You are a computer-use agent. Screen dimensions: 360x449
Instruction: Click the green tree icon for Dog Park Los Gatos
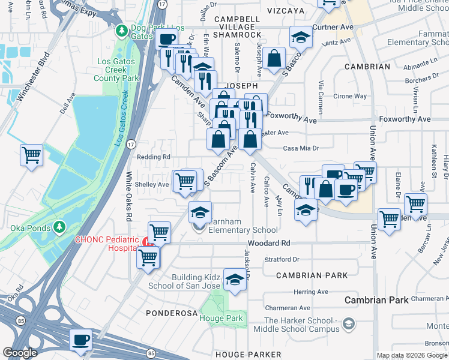click(121, 29)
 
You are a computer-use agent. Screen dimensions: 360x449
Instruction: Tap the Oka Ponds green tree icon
click(59, 227)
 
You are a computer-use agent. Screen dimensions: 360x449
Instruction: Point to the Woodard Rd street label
click(271, 243)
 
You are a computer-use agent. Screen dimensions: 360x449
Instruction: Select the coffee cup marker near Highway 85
click(80, 339)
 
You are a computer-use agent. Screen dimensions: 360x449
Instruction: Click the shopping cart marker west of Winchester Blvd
click(31, 155)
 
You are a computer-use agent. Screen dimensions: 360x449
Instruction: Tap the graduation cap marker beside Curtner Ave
click(301, 37)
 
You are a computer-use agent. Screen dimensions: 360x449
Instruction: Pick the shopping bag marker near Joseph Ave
click(274, 58)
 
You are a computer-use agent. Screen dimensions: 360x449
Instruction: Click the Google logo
click(20, 353)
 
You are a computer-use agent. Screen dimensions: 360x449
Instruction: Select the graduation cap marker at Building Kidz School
click(234, 278)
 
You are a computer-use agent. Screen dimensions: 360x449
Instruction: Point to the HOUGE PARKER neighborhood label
click(240, 355)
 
